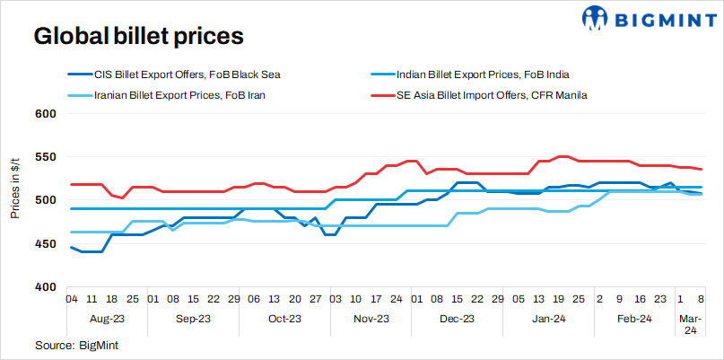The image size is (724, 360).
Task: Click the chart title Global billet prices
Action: click(138, 36)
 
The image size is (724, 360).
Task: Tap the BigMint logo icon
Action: click(597, 17)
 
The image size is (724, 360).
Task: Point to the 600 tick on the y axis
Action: click(46, 114)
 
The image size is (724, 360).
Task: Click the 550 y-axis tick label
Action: click(46, 157)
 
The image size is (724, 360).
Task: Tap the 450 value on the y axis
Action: click(46, 243)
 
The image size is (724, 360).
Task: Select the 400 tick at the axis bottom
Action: click(46, 286)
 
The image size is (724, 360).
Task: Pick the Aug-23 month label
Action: click(108, 318)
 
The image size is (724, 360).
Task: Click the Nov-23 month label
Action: click(371, 318)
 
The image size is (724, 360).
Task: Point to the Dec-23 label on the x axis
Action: click(458, 318)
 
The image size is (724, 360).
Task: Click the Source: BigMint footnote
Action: click(76, 345)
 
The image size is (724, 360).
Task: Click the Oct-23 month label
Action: click(283, 318)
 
